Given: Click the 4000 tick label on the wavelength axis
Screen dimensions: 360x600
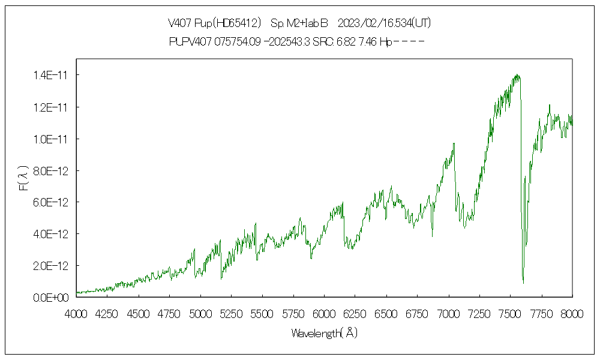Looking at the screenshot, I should coord(76,313).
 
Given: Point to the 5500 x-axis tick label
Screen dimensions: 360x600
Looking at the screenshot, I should coord(262,313).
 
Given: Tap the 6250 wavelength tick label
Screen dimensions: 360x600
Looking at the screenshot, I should coord(355,313).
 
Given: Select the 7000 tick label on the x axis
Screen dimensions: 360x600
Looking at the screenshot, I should coord(448,313).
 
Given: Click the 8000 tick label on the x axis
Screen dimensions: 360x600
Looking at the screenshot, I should coord(572,313).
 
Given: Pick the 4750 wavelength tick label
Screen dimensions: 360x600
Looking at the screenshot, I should coord(169,313).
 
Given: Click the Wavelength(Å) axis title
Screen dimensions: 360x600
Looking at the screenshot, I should coord(324,333).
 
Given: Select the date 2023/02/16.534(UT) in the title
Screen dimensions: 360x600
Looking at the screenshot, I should coord(385,23).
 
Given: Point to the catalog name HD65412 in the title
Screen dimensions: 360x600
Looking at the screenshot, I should coord(239,23).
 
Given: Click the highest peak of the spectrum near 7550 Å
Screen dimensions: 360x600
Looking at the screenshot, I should coord(517,75).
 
